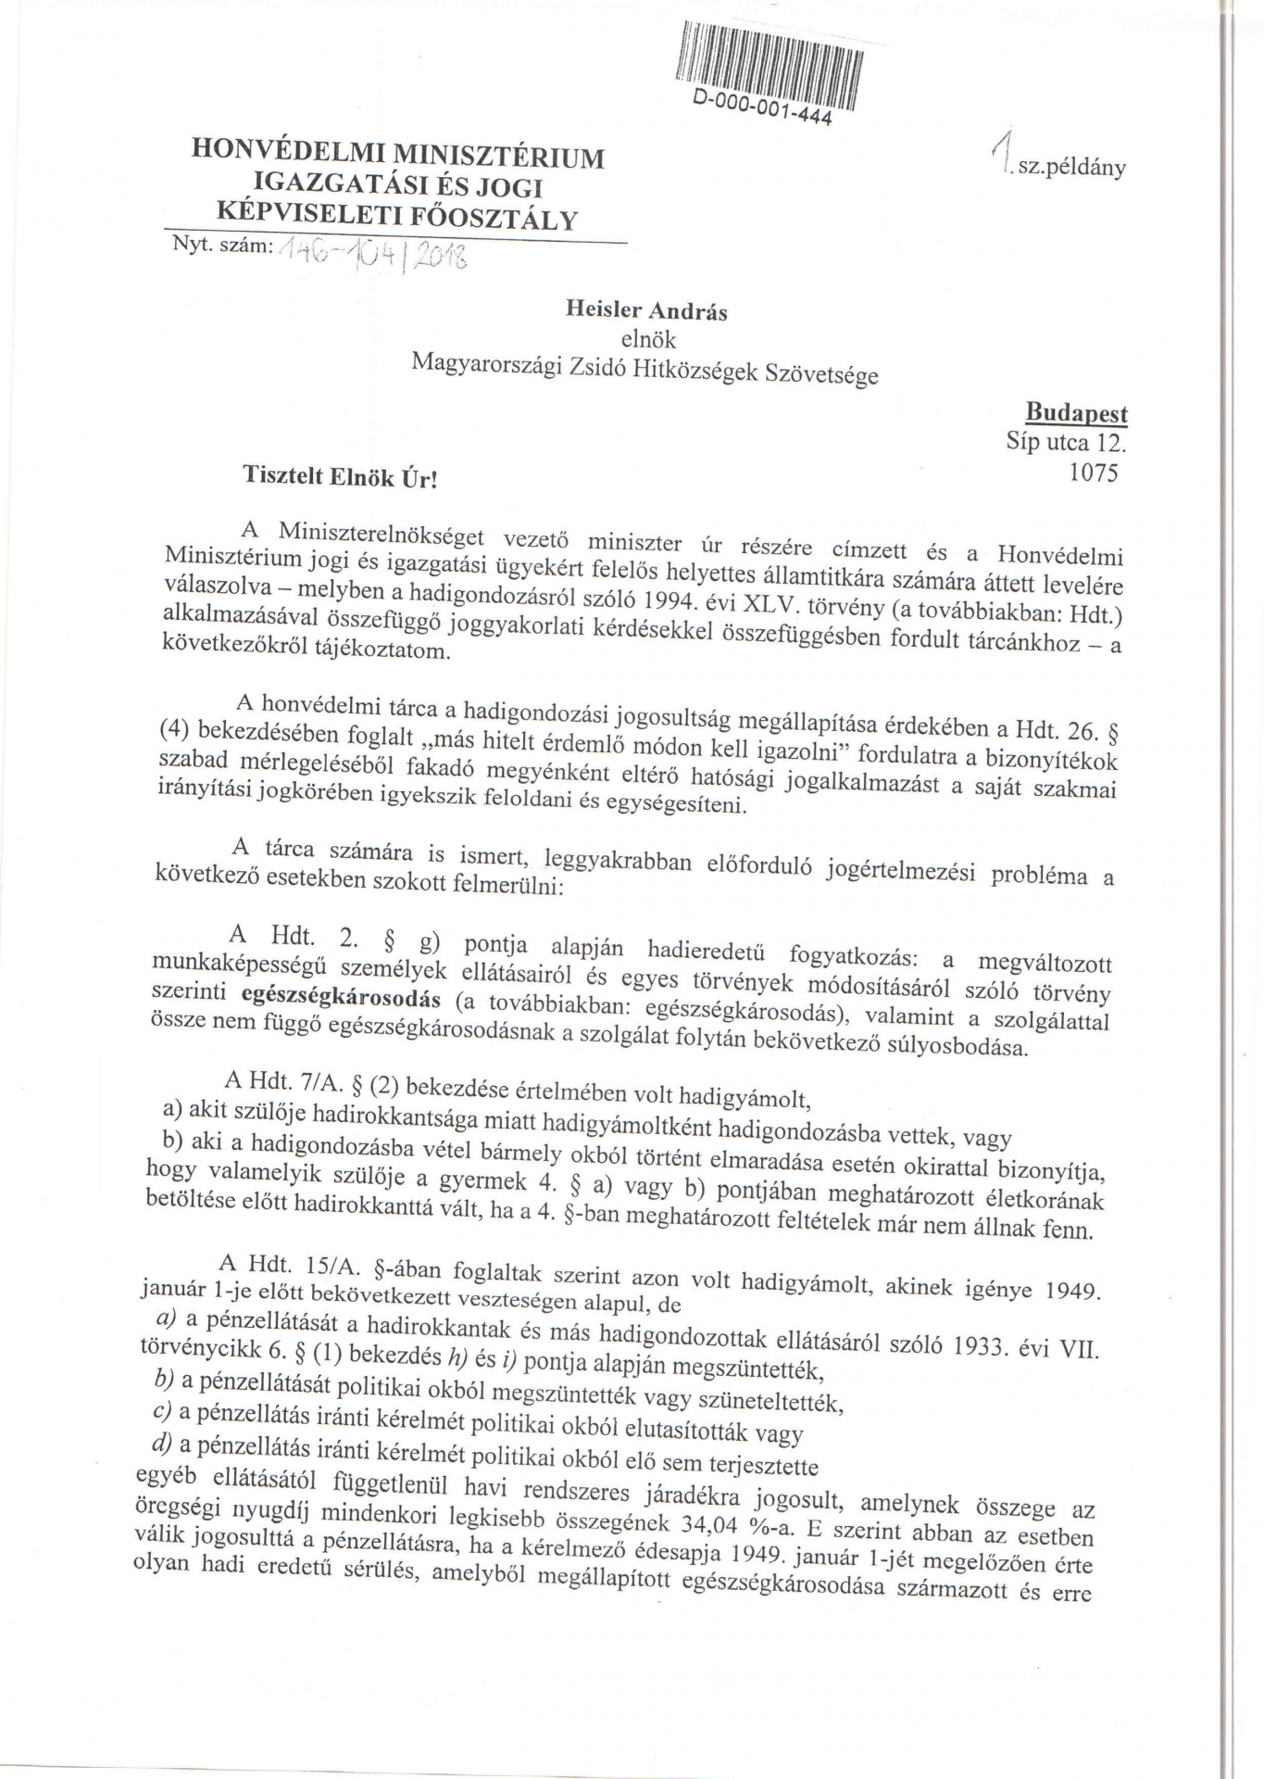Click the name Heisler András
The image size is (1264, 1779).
pos(646,310)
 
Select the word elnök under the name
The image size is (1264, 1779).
pos(648,340)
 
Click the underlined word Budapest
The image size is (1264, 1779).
pos(1076,413)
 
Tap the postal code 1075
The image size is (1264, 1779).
pos(1093,473)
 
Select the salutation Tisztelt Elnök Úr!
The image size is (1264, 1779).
pos(339,477)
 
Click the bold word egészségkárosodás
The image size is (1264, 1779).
pos(341,998)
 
